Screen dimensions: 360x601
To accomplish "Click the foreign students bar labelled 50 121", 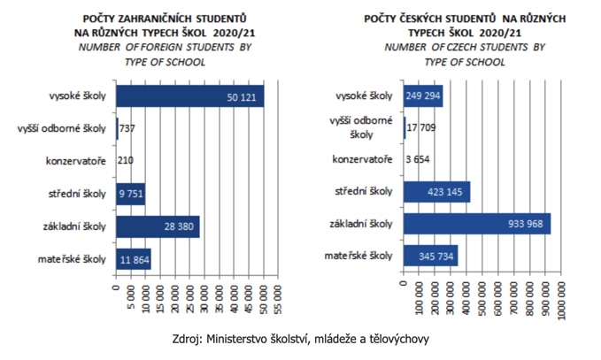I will click(x=189, y=96).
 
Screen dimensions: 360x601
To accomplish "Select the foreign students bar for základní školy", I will click(x=158, y=226).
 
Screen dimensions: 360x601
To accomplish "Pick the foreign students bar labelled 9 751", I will click(x=131, y=194).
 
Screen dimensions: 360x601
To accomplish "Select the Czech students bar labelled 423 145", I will click(x=436, y=192).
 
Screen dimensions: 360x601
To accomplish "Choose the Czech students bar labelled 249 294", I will click(x=423, y=96).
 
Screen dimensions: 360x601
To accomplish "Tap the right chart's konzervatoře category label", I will click(x=363, y=160).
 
